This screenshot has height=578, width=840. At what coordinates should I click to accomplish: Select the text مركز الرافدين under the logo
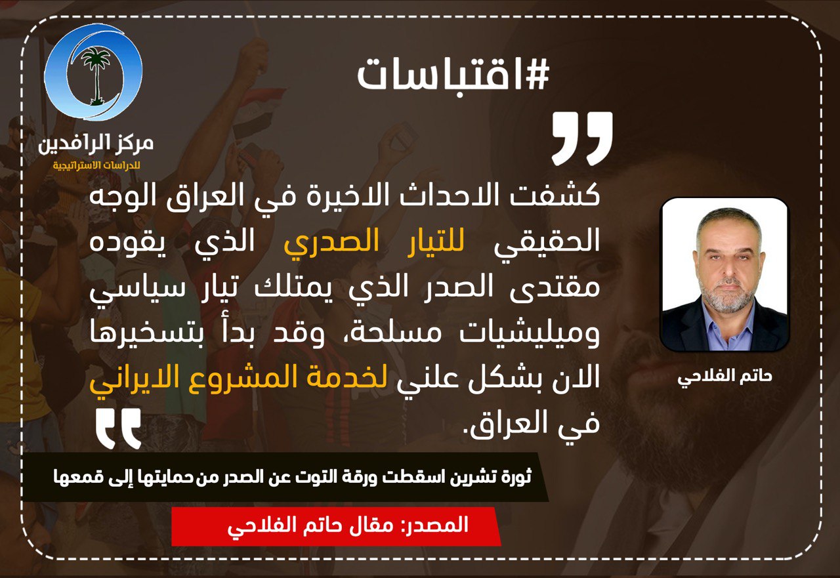pos(96,144)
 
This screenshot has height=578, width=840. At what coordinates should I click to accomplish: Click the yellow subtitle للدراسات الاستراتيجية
pos(96,165)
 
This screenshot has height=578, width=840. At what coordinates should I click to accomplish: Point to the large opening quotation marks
pos(582,138)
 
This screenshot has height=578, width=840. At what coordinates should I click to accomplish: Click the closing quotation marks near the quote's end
pos(119,428)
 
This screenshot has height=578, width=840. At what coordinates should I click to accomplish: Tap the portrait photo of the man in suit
pos(724,274)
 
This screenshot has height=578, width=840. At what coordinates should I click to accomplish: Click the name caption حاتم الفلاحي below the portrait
pos(724,377)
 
